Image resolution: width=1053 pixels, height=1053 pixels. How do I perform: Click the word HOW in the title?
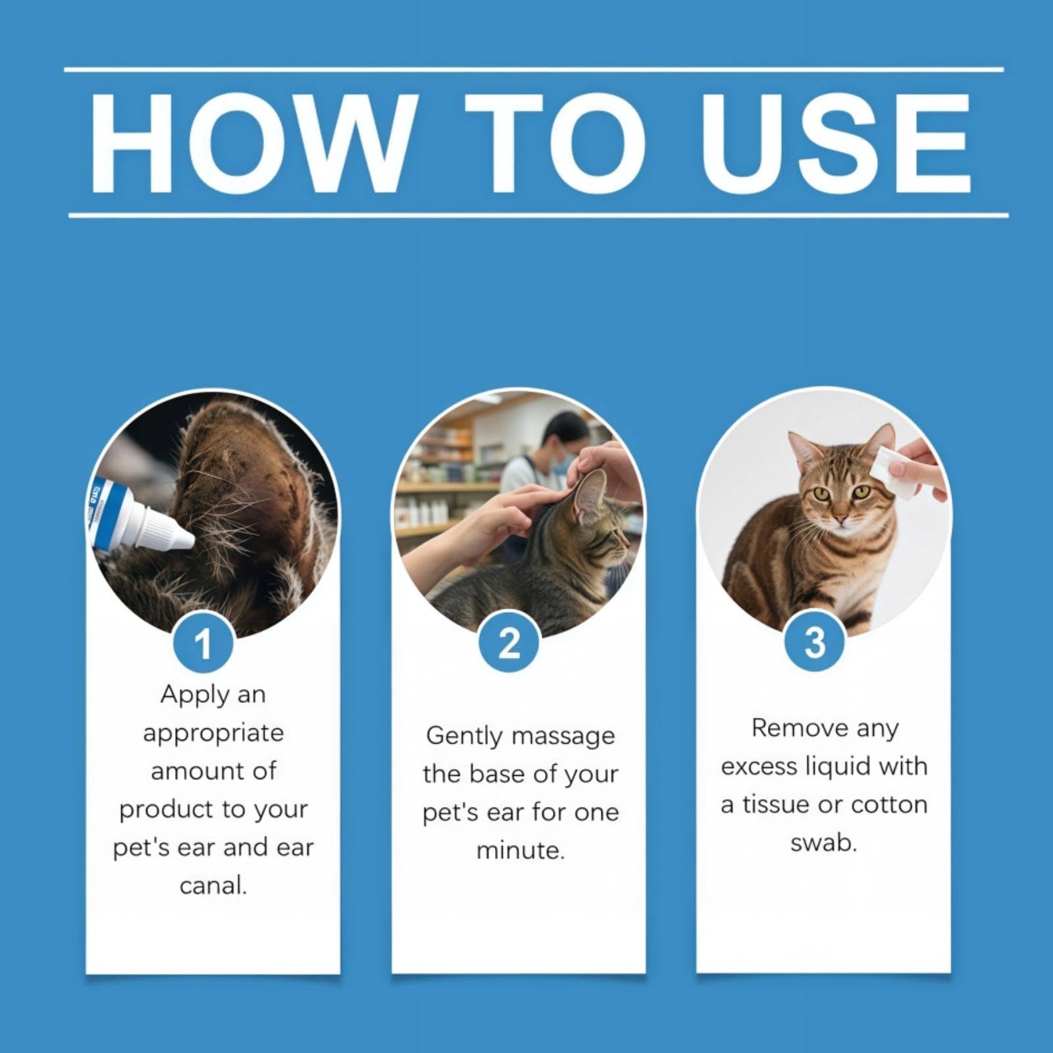pyautogui.click(x=254, y=143)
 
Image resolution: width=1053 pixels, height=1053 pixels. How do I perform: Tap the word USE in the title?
pyautogui.click(x=836, y=143)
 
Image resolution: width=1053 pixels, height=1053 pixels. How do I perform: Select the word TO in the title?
pyautogui.click(x=555, y=143)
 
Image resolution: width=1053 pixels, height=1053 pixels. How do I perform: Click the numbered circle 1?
pyautogui.click(x=203, y=642)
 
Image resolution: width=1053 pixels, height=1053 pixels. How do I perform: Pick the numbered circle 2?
pyautogui.click(x=509, y=642)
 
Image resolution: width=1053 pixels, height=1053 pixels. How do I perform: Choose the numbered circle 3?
pyautogui.click(x=815, y=641)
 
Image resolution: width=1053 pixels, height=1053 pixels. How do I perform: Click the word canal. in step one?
pyautogui.click(x=213, y=886)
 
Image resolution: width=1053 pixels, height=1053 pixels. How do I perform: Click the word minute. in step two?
pyautogui.click(x=521, y=850)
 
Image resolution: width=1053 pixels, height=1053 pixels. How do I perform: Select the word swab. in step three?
pyautogui.click(x=824, y=842)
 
